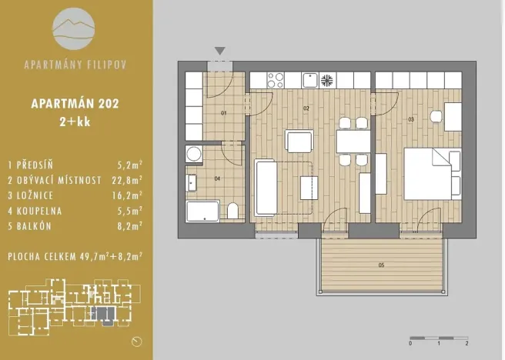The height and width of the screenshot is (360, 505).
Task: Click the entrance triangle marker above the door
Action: (x=220, y=52)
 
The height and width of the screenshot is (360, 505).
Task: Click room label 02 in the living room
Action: (x=306, y=108)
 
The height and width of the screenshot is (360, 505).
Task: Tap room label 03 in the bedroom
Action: (x=411, y=119)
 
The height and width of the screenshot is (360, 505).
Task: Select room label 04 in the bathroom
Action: (x=217, y=179)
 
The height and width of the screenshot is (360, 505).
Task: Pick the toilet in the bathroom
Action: (x=232, y=212)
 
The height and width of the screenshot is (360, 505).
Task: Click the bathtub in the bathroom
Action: (x=204, y=211)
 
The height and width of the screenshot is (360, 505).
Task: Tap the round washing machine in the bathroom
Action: (x=192, y=154)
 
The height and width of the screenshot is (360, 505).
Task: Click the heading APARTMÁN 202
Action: (x=75, y=102)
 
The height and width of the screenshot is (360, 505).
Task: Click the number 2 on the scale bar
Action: (x=467, y=344)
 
